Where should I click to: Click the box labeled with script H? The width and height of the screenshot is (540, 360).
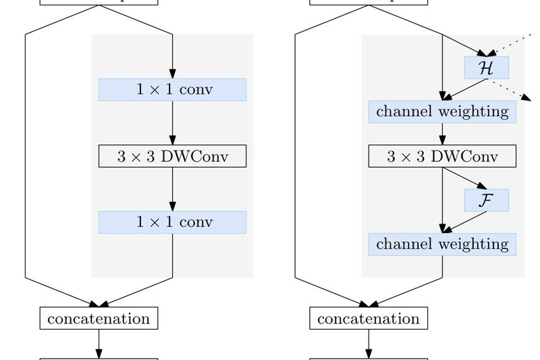486,68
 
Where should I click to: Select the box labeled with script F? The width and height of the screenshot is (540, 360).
486,200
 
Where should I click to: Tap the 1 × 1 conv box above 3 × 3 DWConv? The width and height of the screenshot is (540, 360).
172,89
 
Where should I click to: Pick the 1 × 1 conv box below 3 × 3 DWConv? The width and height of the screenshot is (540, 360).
172,222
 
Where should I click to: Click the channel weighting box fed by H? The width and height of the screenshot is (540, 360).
442,111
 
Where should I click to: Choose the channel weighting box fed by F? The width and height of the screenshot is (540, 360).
442,244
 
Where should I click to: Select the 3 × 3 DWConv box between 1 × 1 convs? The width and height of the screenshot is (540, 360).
172,156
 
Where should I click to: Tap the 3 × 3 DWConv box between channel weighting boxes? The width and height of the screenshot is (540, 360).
442,156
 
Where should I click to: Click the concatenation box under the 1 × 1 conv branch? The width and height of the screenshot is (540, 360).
99,317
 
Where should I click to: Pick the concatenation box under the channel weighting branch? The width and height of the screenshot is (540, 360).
369,317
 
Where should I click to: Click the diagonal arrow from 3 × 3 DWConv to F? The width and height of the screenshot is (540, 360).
465,178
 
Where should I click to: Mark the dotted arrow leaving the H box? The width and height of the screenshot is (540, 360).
510,89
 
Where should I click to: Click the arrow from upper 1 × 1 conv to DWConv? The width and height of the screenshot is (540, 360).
172,123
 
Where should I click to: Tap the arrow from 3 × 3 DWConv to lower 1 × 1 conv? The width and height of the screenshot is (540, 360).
172,189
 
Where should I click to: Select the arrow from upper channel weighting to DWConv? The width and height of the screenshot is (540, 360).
442,134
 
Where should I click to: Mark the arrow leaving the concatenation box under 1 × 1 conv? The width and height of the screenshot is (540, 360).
99,344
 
